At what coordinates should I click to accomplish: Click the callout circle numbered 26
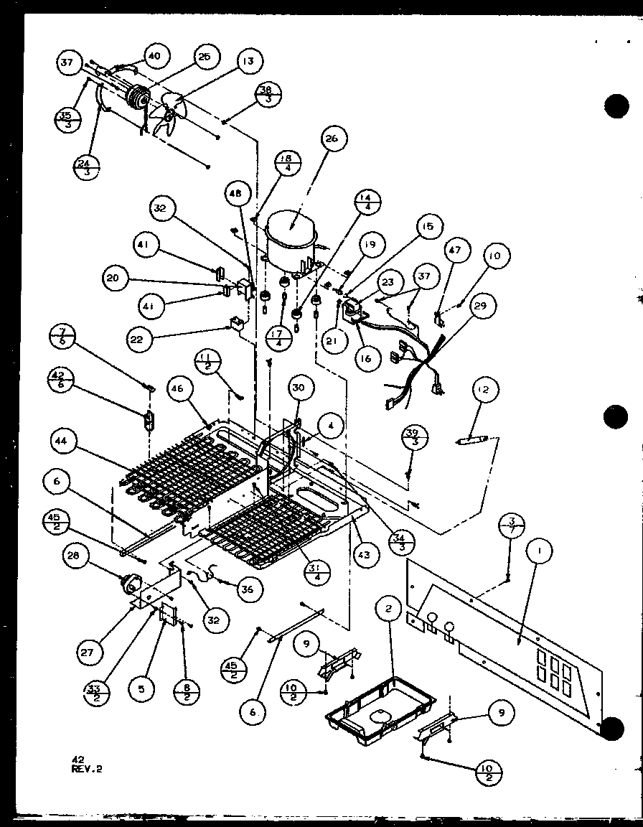[334, 139]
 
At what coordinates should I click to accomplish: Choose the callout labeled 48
[238, 194]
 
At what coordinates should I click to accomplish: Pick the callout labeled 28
[94, 556]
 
